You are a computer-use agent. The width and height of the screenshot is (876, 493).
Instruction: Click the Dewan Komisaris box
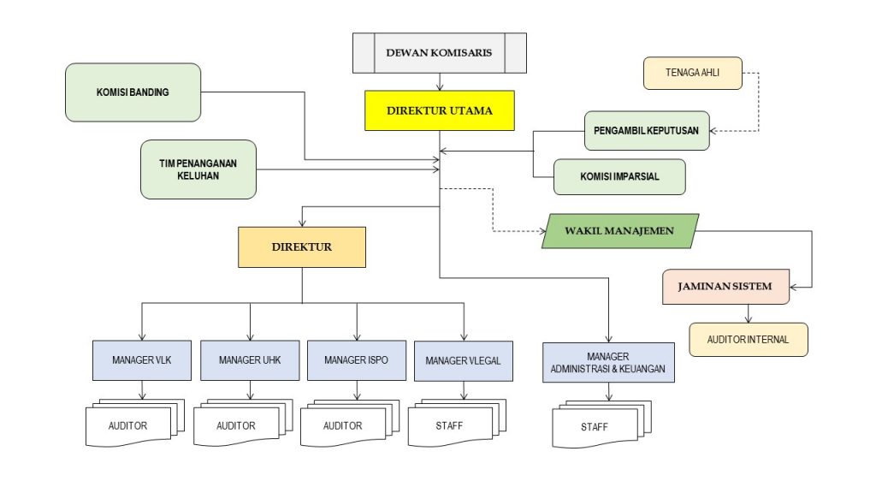tap(440, 53)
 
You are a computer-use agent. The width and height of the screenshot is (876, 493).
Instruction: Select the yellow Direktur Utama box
tap(440, 110)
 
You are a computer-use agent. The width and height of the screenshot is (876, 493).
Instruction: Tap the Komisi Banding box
tap(133, 92)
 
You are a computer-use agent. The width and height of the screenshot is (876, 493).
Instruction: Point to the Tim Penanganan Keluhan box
tap(199, 169)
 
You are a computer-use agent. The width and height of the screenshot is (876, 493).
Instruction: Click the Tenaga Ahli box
tap(693, 74)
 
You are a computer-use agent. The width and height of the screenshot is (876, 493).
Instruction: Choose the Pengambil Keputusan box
tap(647, 131)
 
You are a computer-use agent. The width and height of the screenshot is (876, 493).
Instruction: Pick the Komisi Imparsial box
tap(619, 177)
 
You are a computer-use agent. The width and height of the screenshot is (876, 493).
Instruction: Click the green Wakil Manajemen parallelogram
tap(620, 231)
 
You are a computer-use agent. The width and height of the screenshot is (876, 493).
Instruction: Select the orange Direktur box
tap(302, 247)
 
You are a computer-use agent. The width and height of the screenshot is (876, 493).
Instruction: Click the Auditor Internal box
tap(749, 340)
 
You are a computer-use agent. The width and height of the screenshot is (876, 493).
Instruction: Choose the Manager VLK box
tap(142, 360)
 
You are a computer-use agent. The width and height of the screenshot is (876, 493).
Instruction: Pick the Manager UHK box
tap(250, 360)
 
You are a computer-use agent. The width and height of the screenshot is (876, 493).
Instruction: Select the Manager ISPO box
tap(357, 360)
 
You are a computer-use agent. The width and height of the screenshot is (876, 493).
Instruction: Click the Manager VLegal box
tap(464, 361)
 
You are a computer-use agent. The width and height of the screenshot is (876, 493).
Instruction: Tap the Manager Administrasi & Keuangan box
tap(608, 362)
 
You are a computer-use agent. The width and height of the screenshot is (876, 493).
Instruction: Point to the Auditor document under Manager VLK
tap(128, 425)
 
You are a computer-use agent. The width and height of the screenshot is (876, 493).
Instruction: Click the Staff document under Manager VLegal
tap(450, 425)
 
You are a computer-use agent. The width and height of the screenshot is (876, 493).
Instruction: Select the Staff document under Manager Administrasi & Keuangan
tap(595, 427)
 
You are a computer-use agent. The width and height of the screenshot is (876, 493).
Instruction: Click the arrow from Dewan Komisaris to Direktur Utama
tap(440, 82)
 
